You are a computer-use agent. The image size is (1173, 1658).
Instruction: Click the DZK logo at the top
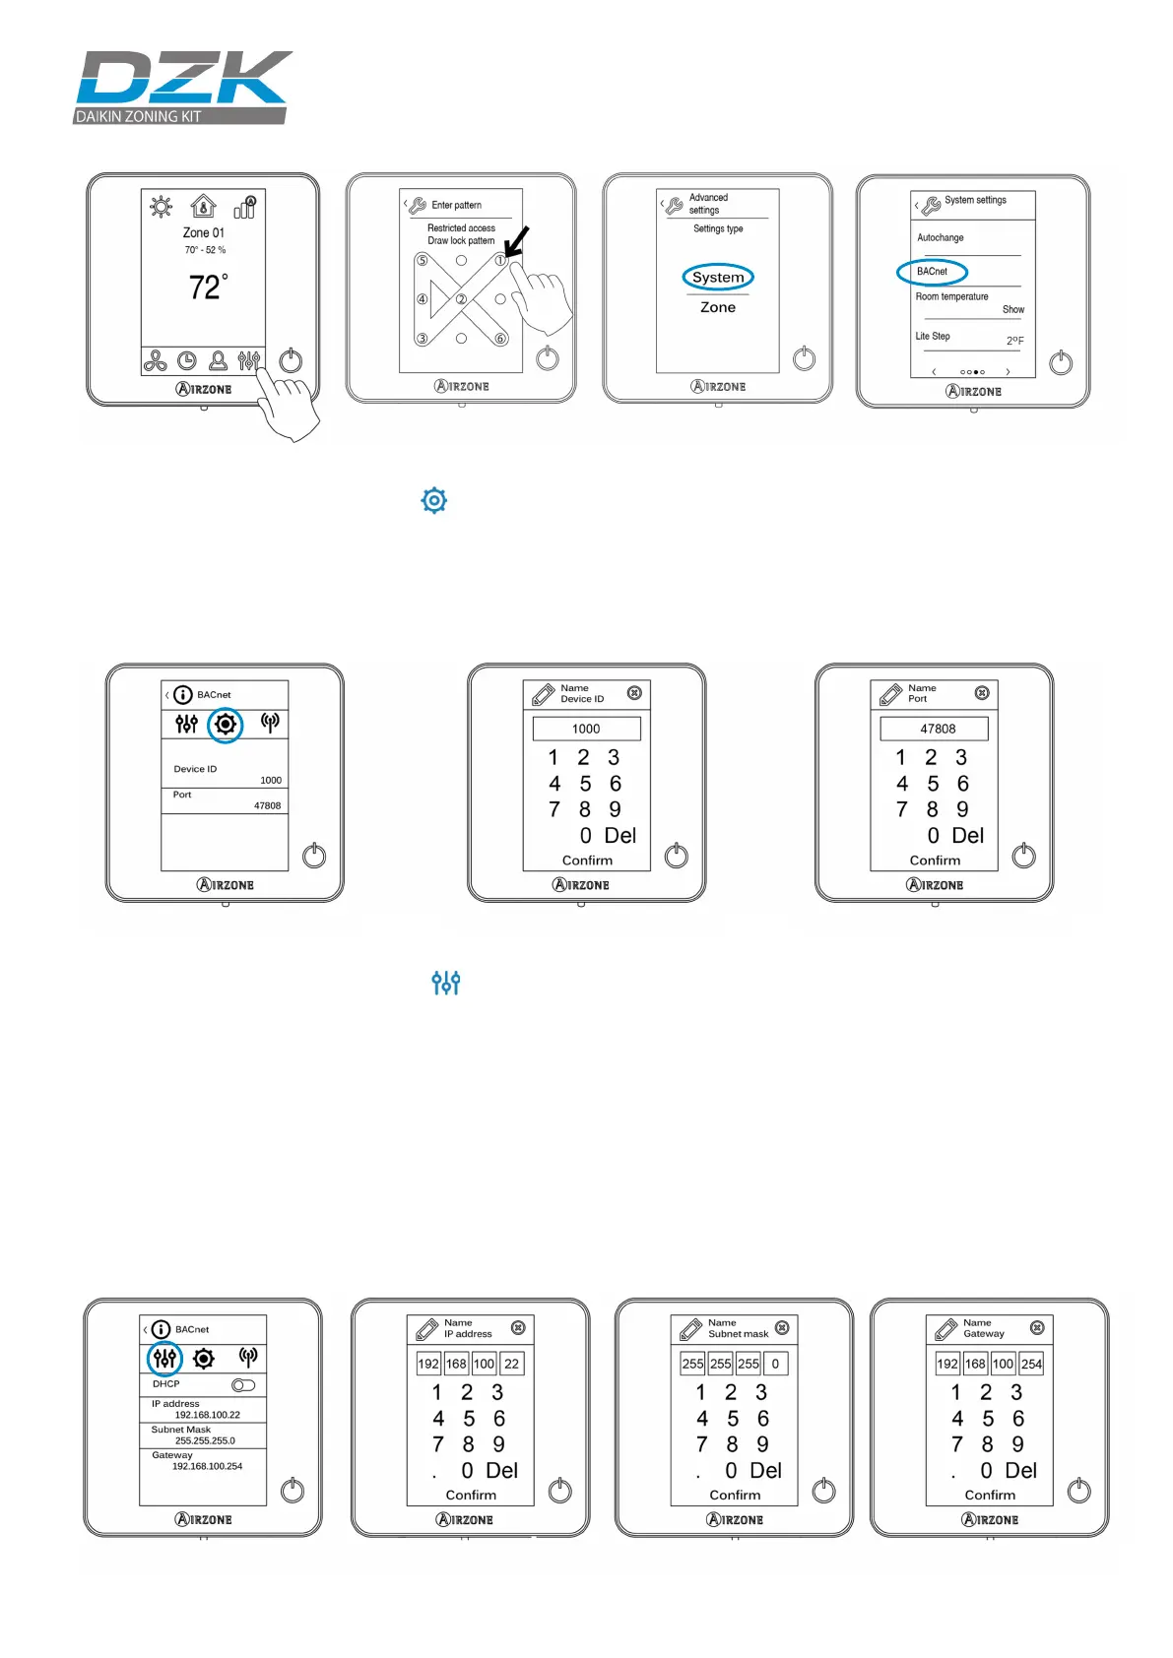click(183, 87)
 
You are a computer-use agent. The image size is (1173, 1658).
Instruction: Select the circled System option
click(718, 278)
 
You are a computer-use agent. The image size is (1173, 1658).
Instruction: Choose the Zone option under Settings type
click(718, 307)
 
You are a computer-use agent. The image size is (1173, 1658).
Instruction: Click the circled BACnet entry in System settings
click(932, 272)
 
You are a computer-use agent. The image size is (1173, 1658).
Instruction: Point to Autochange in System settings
click(941, 237)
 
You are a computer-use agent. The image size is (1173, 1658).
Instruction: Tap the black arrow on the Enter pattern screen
click(516, 241)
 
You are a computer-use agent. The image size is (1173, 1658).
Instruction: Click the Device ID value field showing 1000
click(586, 729)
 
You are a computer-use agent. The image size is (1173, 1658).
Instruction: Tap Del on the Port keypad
click(967, 835)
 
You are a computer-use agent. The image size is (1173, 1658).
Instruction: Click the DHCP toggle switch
click(243, 1385)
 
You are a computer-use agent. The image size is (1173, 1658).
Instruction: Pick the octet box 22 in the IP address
click(511, 1364)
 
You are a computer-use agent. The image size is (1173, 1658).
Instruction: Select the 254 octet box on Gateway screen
click(1031, 1364)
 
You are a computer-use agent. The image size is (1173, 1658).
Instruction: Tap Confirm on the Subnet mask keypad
click(735, 1495)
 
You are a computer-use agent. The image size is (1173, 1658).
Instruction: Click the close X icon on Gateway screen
click(1037, 1328)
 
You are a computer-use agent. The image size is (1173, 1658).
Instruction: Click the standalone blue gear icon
click(433, 500)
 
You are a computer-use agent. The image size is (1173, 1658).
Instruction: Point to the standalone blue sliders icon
click(446, 983)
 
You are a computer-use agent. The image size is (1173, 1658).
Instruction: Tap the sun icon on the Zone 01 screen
click(161, 206)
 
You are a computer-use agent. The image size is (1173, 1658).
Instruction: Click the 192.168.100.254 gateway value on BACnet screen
click(207, 1466)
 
